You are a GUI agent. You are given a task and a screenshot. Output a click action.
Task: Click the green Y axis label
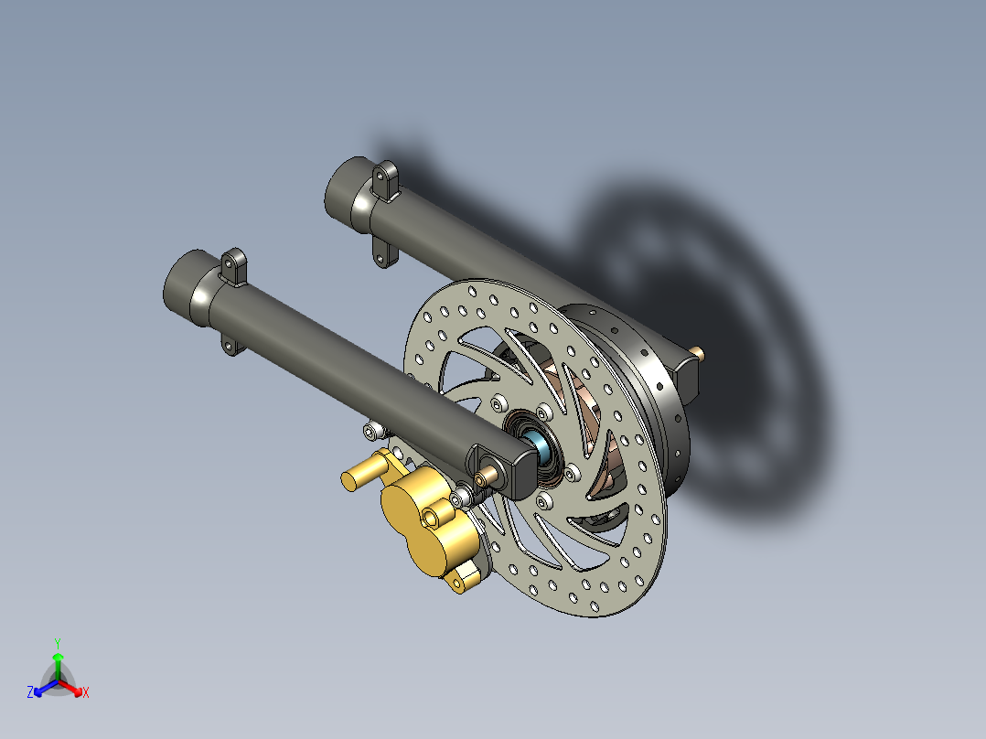point(57,642)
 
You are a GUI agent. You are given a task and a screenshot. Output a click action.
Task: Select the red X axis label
point(86,692)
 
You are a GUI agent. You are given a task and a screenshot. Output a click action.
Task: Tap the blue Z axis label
point(30,692)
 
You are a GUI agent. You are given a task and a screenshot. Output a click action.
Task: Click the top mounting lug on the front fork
point(235,266)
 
